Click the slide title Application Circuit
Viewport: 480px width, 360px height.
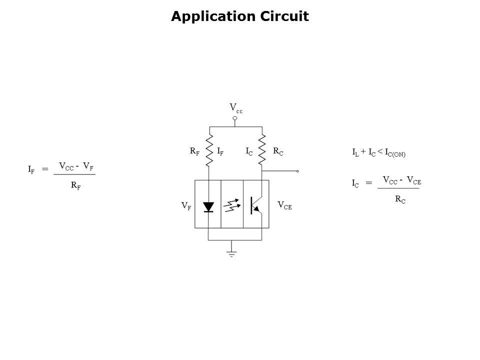240,17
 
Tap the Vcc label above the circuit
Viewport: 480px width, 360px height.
235,108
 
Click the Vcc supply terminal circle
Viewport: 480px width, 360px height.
235,118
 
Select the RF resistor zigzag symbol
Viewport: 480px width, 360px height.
209,149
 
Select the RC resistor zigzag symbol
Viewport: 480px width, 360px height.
261,149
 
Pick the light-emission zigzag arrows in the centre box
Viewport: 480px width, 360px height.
231,205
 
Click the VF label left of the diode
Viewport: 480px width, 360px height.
186,206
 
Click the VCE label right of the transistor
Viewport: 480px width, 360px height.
284,205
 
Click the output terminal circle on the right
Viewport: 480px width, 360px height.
297,171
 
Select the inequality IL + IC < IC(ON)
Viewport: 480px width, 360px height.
378,152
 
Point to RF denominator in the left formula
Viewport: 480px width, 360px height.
75,185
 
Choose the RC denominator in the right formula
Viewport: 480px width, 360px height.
400,199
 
